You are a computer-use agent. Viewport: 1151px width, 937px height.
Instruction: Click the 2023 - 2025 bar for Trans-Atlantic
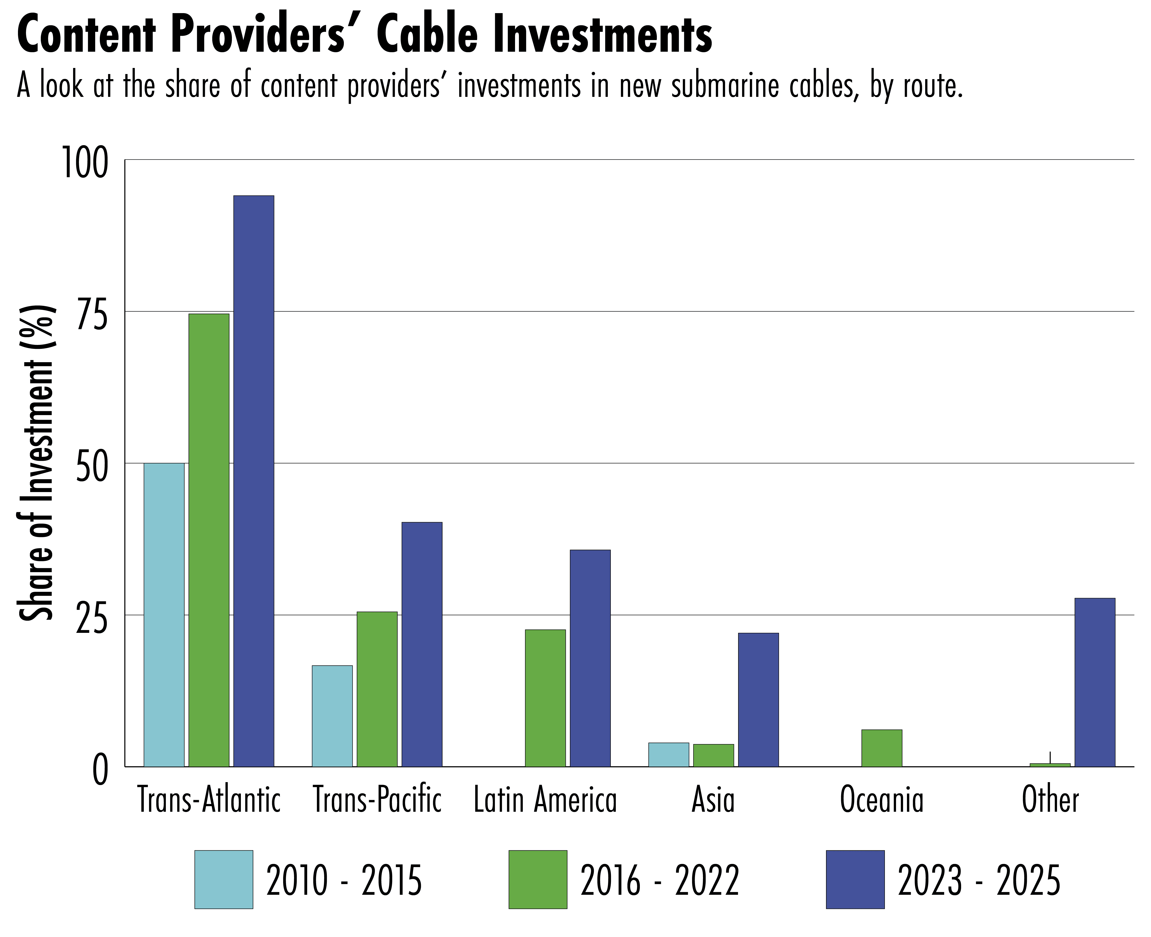pos(253,480)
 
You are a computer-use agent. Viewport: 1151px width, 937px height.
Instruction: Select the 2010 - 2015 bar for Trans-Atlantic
pos(164,614)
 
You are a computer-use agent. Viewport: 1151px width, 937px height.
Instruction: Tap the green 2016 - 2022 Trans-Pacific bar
pos(377,689)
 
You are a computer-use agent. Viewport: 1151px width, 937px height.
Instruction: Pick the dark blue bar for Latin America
pos(590,658)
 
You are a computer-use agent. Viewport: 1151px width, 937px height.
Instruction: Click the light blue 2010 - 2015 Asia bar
pos(668,754)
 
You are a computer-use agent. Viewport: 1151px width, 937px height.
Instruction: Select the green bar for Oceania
pos(882,748)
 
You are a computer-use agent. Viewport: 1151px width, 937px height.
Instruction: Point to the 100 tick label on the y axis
pos(85,162)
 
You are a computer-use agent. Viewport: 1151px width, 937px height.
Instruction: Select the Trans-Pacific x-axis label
pos(377,800)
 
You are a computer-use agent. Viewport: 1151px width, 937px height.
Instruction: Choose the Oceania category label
pos(882,800)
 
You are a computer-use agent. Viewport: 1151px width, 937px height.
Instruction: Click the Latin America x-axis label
pos(545,800)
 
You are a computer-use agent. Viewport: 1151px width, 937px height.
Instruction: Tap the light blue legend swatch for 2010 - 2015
pos(223,879)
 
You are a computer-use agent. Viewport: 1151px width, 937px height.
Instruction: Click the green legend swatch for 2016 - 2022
pos(538,879)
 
